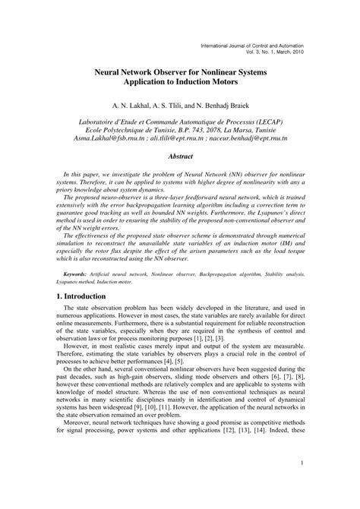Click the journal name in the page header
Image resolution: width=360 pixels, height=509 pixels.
255,47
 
